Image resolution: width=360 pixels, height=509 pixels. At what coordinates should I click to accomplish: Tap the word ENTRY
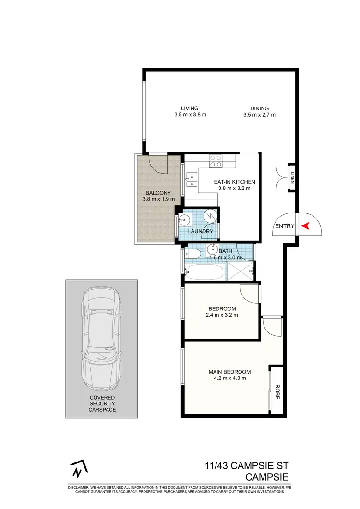(x=284, y=226)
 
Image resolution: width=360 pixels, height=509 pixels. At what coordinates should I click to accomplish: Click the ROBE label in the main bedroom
(x=276, y=391)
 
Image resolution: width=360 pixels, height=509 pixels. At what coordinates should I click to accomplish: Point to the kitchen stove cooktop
(x=216, y=161)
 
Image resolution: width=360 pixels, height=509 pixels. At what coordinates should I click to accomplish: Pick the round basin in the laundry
(x=184, y=220)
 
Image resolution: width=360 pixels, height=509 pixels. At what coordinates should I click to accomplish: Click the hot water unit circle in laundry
(x=210, y=217)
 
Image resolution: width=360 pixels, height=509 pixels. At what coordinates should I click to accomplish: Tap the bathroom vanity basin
(x=212, y=249)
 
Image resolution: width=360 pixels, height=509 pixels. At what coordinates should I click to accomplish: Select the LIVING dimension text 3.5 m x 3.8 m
(x=190, y=115)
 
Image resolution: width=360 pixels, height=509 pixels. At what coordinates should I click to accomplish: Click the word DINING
(x=259, y=108)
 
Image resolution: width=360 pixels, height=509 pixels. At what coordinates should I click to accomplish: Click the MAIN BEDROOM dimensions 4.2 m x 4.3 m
(x=229, y=378)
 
